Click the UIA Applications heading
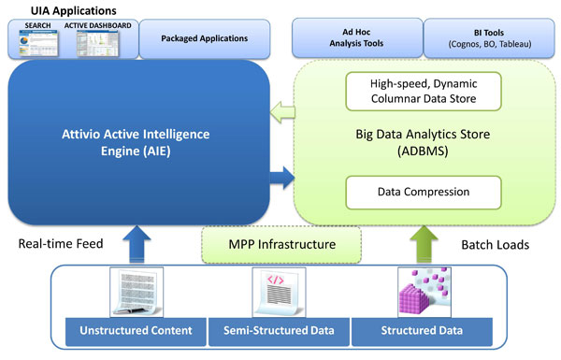point(73,10)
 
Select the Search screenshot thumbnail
point(38,43)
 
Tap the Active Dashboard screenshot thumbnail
point(97,43)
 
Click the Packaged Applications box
point(204,38)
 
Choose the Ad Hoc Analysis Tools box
point(357,37)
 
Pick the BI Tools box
point(489,38)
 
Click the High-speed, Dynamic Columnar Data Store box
point(424,92)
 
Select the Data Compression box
point(424,193)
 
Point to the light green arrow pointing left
point(282,112)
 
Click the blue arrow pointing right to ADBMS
point(282,178)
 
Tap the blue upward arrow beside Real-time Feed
point(137,245)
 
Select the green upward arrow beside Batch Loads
point(424,245)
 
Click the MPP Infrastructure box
point(281,245)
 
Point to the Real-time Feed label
point(61,244)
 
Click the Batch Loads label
point(496,245)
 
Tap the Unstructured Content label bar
point(136,331)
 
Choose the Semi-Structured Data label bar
point(279,331)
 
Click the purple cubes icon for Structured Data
point(424,292)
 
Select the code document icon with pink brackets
point(279,292)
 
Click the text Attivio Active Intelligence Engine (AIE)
point(136,142)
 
